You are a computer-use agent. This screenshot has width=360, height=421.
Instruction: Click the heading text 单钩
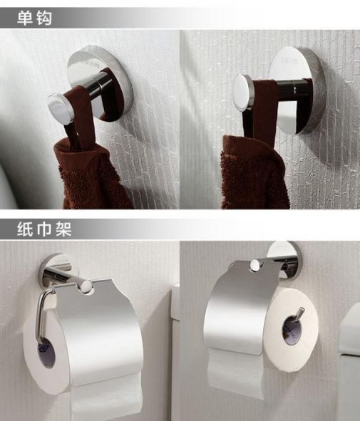34,19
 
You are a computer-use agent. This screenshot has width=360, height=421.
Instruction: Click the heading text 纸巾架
44,229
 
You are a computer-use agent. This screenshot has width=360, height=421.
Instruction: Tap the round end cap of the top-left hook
60,108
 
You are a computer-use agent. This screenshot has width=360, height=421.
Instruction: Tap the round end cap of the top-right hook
243,92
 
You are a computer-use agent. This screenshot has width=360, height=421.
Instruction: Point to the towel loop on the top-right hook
262,113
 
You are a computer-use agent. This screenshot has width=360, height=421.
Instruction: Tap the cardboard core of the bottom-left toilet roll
46,354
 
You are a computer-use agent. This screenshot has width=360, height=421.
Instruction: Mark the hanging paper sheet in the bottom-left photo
106,397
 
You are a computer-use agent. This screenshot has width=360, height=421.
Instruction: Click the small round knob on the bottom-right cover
255,265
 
